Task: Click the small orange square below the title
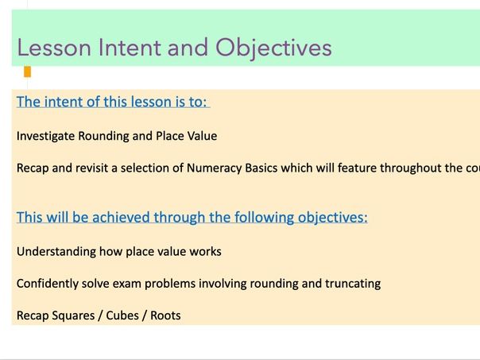coord(27,72)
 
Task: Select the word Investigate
coord(46,136)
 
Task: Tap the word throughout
coord(412,168)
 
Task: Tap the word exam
coord(137,284)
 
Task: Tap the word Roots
coord(167,315)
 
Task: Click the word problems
coord(182,284)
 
